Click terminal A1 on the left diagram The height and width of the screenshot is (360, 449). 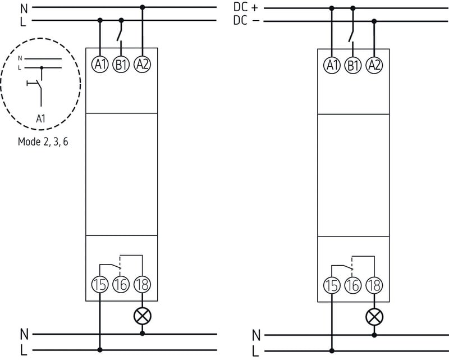coord(100,65)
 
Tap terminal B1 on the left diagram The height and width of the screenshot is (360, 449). coord(121,65)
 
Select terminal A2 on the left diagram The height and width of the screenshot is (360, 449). coord(143,65)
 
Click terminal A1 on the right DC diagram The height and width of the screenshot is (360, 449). coord(332,65)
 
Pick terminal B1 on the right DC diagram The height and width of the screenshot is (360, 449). coord(352,65)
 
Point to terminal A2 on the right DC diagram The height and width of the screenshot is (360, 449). coord(374,65)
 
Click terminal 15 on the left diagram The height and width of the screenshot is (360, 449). coord(100,285)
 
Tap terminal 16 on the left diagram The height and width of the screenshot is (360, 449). coord(121,285)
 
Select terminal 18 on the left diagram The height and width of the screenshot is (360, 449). coord(143,285)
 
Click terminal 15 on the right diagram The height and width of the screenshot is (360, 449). coord(332,285)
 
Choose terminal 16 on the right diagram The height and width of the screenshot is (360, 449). coord(352,285)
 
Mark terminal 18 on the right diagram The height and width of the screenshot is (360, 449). coord(374,285)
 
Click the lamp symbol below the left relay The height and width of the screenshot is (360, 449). coord(143,316)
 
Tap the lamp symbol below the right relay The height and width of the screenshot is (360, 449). coord(374,317)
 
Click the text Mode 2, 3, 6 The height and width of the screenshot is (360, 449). coord(44,142)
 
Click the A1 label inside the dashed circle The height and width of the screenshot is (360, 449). coord(41,119)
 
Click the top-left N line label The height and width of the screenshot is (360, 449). coord(23,8)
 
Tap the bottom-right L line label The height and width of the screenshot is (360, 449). coord(256,351)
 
